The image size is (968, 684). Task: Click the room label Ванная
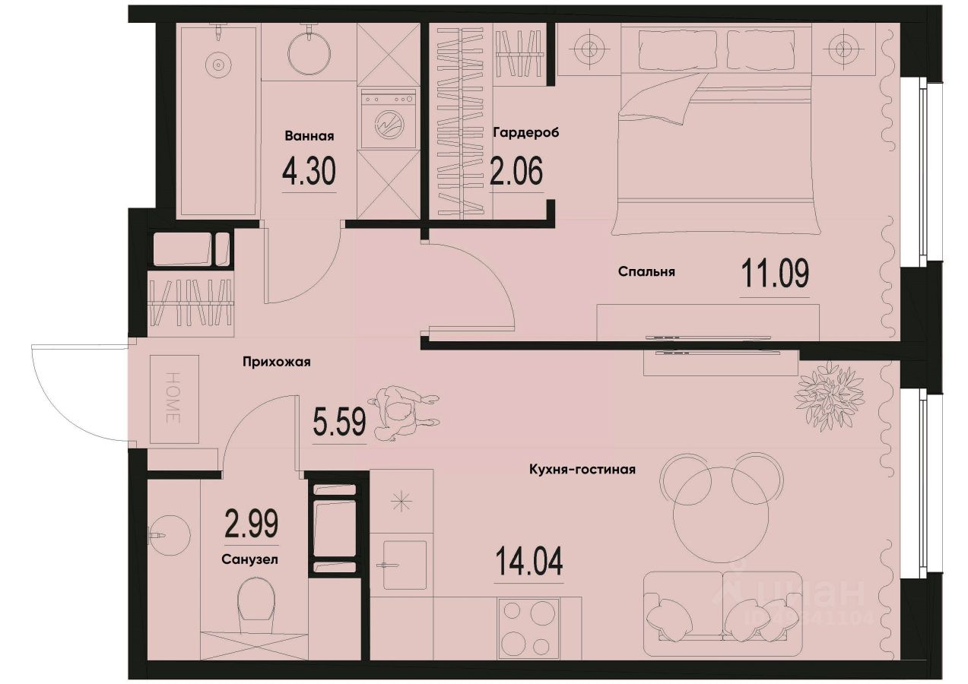click(x=309, y=137)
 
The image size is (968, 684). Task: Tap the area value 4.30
click(x=309, y=173)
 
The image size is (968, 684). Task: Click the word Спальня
click(x=647, y=271)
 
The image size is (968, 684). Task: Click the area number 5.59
click(x=338, y=420)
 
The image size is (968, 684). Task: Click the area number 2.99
click(x=251, y=524)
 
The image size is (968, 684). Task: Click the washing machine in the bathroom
click(x=388, y=120)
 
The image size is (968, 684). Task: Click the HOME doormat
click(x=173, y=399)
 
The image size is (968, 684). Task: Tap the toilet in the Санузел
click(x=255, y=605)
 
